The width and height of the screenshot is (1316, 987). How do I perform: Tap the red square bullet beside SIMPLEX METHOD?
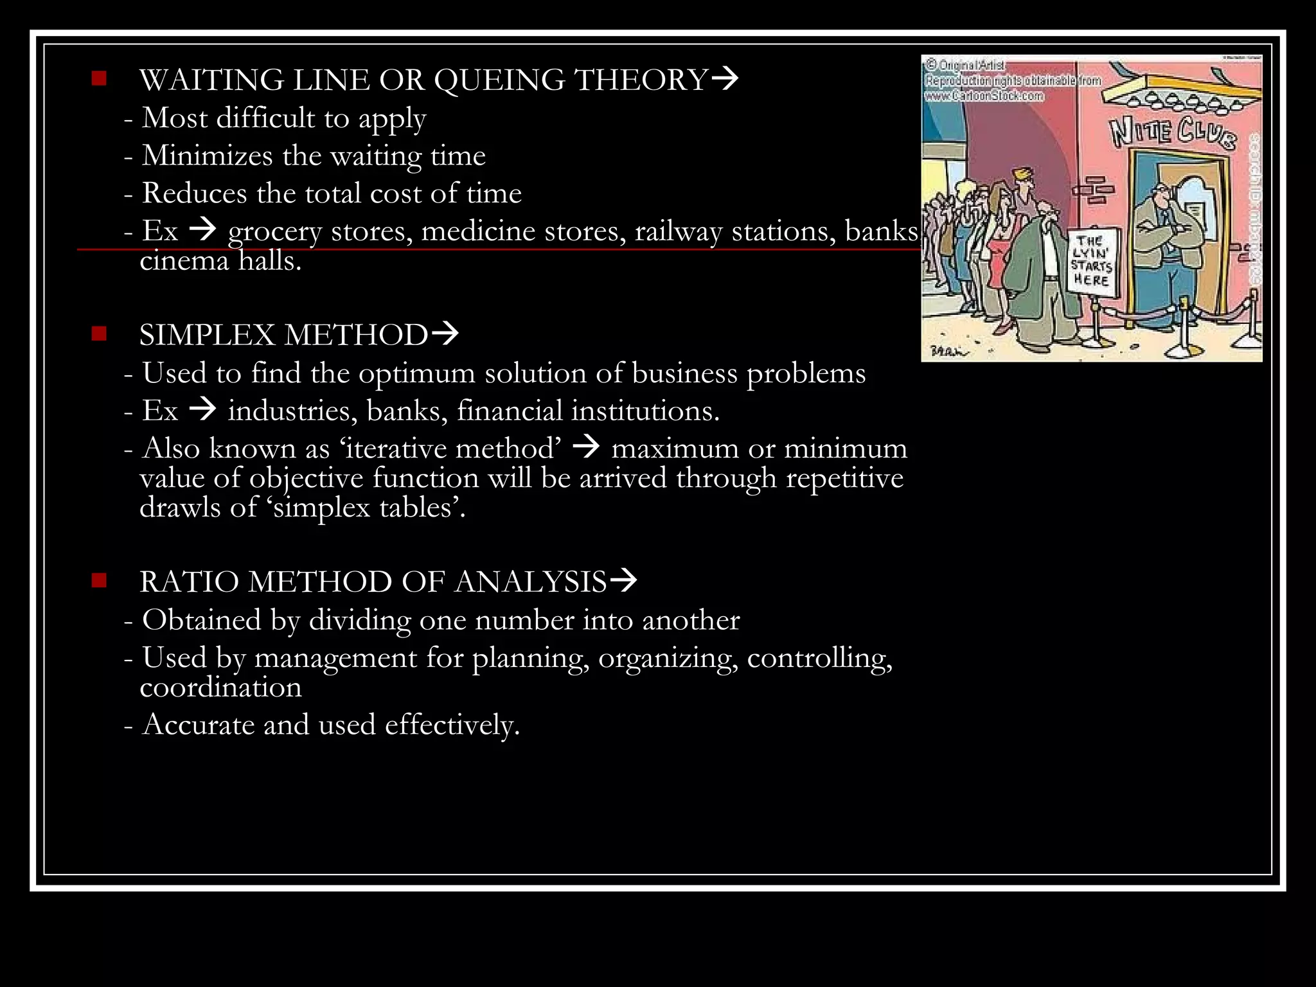pos(99,333)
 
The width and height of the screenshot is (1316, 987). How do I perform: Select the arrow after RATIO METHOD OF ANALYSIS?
pos(623,580)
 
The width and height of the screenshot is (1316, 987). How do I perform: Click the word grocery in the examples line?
pos(274,231)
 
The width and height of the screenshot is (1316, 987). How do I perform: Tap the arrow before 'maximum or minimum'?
pos(585,447)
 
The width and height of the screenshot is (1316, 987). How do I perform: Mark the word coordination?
pos(220,688)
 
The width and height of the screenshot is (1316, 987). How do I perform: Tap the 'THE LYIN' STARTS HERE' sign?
pos(1092,261)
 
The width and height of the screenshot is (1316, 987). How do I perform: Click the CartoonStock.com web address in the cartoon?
pos(984,96)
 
